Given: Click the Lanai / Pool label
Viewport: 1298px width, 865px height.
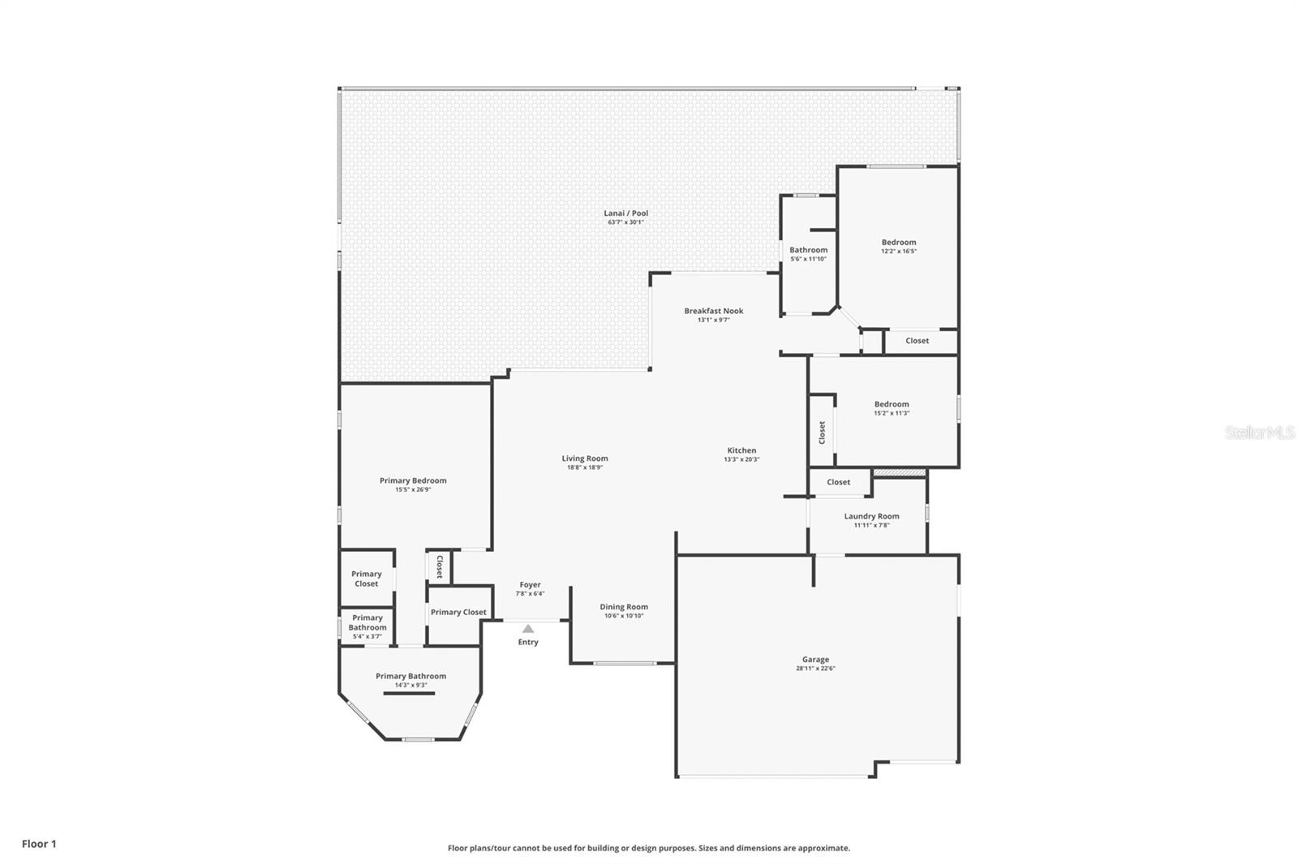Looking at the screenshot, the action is click(625, 213).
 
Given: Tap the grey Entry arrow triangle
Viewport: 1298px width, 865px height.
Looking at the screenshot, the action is click(528, 628).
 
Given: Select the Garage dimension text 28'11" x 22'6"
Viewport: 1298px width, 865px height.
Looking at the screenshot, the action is click(815, 669).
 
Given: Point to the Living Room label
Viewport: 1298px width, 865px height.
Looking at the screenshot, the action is click(585, 458).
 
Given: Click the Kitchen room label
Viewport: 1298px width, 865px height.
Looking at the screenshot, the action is click(741, 450).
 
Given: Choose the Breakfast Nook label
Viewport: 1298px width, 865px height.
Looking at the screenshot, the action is click(713, 311).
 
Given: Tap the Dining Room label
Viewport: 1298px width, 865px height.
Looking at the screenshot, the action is click(624, 607).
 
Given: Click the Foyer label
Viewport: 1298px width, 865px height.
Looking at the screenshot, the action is click(531, 585).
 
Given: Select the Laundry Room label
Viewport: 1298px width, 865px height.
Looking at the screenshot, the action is click(871, 517).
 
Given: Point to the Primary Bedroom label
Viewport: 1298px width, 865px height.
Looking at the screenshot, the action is click(413, 480).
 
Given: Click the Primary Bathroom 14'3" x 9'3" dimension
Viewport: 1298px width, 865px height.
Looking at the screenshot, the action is click(410, 686).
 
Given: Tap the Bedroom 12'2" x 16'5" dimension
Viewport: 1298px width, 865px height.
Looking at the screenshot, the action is click(899, 252).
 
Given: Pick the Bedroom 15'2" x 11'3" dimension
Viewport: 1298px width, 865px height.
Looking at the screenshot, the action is click(892, 413).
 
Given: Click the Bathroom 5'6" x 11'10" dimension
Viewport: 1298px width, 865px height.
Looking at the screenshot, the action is click(808, 259).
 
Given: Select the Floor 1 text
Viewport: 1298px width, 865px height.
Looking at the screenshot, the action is click(40, 844).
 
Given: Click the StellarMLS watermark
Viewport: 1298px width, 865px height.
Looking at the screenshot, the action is click(1260, 432).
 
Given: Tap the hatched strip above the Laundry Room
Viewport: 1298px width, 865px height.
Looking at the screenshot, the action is click(899, 473).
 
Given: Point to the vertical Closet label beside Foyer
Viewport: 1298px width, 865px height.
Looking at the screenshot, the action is click(439, 567).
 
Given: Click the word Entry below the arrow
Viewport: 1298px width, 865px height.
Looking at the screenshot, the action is click(528, 643).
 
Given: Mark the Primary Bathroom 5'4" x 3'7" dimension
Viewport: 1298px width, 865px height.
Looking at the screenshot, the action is click(367, 636).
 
